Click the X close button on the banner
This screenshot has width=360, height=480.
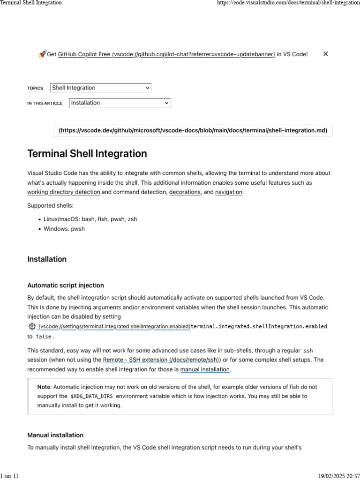pos(325,54)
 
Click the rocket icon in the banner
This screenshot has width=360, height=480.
pos(42,54)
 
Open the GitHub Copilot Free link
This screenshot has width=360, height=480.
pos(166,54)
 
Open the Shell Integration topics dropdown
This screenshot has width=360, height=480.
pos(101,88)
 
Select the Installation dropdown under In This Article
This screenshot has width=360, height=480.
pos(120,103)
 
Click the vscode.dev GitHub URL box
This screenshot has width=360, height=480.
pos(193,130)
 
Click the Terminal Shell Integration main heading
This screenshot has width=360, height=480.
pos(87,154)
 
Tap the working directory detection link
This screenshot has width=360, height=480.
pos(63,192)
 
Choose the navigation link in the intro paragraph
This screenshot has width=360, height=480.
pos(228,192)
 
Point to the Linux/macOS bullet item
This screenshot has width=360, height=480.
pos(90,219)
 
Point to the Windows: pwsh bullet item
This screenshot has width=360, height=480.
pos(64,229)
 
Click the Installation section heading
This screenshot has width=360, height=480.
pos(47,259)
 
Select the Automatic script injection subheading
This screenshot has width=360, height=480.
pos(66,285)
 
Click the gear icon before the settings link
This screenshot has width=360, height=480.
pos(32,326)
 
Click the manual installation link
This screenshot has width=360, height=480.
pos(205,369)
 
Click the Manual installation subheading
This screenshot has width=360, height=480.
pos(55,435)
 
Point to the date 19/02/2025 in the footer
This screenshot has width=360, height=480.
pos(331,476)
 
